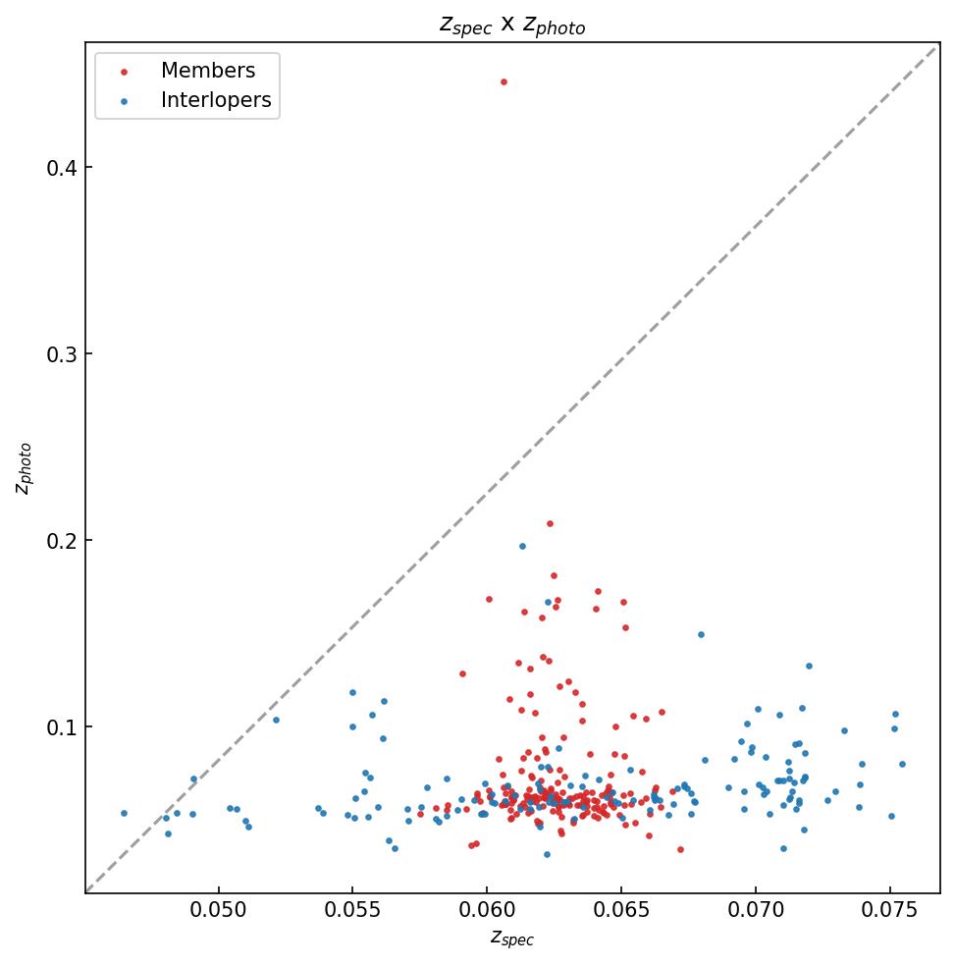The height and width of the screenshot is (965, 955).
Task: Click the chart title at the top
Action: pos(511,26)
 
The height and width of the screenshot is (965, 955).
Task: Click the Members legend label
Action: pos(208,71)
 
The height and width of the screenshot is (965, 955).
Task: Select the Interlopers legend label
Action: pos(216,100)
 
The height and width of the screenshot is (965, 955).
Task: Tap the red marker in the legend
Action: pos(123,72)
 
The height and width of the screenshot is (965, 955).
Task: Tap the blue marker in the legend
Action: pos(123,101)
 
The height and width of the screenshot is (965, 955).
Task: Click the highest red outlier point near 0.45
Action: pos(504,81)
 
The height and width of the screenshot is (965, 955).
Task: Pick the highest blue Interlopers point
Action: pos(522,546)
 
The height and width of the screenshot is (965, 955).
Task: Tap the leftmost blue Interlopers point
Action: pos(124,813)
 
